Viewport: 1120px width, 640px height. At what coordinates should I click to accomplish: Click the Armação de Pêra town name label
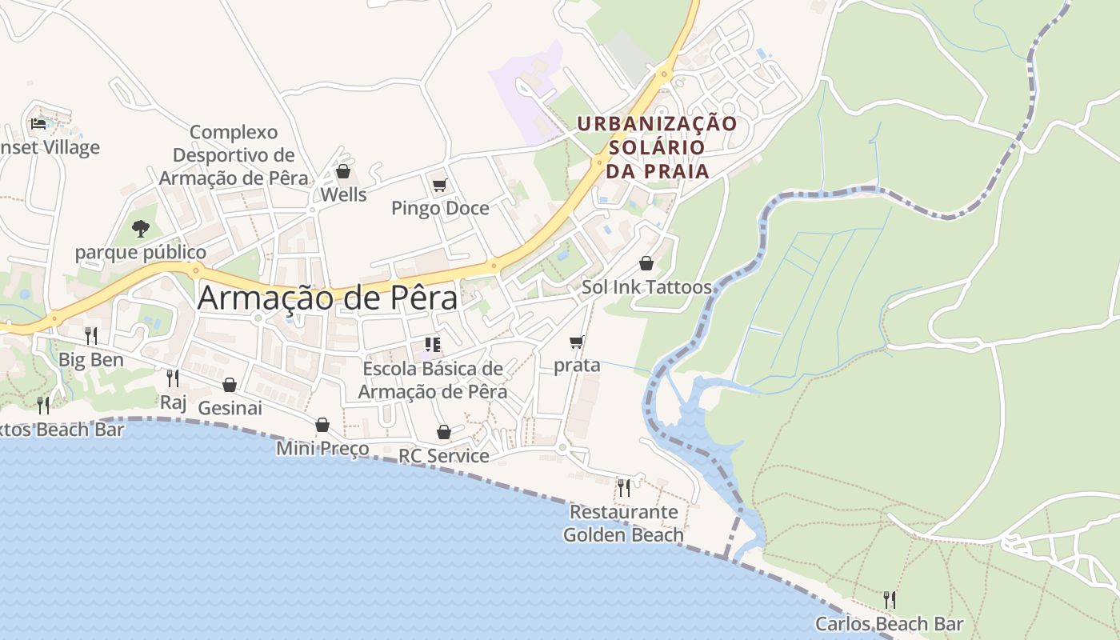327,298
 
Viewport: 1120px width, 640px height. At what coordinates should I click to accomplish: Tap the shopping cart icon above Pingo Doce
439,186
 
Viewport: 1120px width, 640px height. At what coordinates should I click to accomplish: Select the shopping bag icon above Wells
343,171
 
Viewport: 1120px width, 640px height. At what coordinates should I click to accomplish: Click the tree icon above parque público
141,229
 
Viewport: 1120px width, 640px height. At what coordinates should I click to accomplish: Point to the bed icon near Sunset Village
38,123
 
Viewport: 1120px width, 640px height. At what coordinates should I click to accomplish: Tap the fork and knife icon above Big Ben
91,335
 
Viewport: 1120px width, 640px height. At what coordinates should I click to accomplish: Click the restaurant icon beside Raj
172,378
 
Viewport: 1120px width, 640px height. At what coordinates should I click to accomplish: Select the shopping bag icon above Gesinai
230,385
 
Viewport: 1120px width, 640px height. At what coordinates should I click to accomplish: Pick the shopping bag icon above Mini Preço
322,425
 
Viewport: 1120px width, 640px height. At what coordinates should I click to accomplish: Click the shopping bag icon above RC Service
444,432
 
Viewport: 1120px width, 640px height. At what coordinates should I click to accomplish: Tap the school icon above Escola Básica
433,345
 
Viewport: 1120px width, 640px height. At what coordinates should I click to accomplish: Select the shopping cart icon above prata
576,342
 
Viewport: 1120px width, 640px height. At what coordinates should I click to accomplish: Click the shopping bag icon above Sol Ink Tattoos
646,263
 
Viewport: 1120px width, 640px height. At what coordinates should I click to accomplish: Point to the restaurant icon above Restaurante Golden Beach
623,487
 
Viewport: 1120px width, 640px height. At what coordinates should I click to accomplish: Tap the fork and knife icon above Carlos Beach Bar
889,599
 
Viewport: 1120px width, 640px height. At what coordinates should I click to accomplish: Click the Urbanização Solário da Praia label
657,148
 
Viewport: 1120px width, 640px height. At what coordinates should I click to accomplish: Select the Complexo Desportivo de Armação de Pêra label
234,155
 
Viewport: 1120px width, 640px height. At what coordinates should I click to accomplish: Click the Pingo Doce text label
440,209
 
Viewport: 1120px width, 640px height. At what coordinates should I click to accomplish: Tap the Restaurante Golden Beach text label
623,523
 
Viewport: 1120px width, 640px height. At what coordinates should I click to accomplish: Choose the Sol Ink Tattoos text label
646,287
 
